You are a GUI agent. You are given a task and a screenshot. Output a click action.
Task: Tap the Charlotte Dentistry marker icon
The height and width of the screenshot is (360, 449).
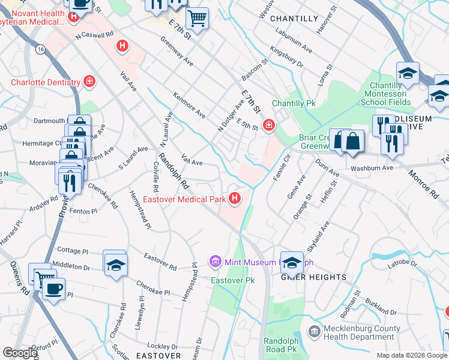89,82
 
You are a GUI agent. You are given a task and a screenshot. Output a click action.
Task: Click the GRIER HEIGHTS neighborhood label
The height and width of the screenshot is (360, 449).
314,277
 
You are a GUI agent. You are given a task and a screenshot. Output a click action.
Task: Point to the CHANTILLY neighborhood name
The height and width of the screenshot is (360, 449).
294,19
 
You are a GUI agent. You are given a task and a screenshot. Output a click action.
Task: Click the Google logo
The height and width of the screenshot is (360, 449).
20,353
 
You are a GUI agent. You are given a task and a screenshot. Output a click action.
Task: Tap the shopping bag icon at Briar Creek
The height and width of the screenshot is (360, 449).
354,142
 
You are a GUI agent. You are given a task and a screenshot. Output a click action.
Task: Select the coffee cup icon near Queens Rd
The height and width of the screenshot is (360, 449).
53,289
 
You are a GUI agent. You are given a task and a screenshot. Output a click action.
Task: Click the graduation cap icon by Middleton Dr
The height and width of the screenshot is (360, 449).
115,264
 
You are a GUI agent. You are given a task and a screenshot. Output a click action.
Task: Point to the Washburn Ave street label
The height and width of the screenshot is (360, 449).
372,168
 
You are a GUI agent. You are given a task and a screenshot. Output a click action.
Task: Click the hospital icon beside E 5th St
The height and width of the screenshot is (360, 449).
270,125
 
